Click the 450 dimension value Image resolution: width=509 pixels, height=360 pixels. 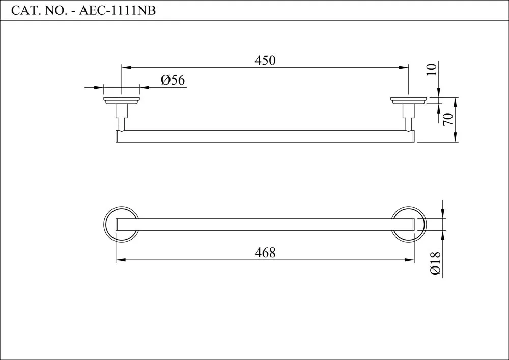[x=265, y=61]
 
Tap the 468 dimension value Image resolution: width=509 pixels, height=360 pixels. [x=265, y=252]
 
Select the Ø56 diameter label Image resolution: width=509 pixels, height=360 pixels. [x=173, y=80]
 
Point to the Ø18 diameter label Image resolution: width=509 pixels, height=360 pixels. [x=435, y=263]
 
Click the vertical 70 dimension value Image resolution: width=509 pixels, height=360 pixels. [x=448, y=119]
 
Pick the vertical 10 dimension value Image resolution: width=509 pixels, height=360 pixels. [x=432, y=69]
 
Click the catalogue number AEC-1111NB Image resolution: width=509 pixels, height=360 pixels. [x=118, y=11]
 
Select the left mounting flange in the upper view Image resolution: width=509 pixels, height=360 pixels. [x=122, y=101]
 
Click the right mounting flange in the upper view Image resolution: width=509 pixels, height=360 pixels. [x=408, y=101]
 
